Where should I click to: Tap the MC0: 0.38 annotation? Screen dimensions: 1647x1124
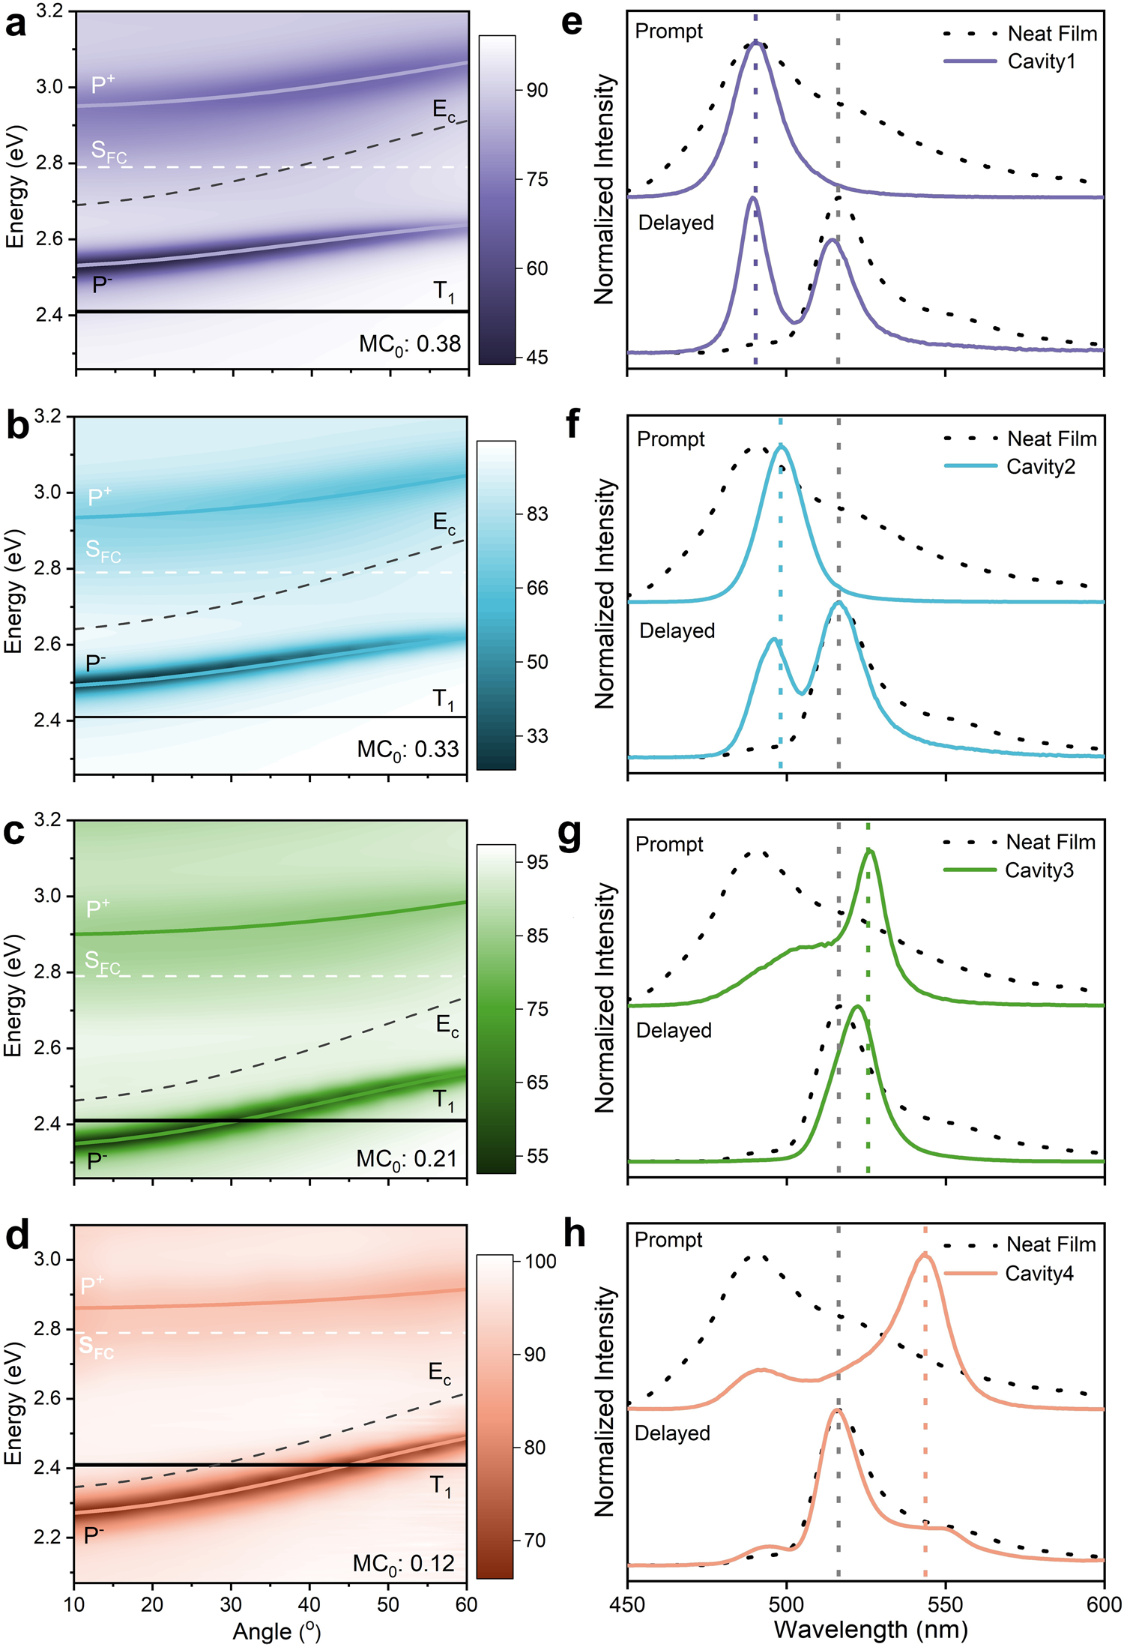point(409,344)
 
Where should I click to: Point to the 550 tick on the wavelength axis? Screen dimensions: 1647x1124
point(945,1604)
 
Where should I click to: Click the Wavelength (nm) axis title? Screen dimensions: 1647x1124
point(870,1629)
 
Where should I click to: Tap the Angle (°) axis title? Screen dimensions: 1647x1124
point(277,1631)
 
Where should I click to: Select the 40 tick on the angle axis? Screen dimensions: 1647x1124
point(309,1604)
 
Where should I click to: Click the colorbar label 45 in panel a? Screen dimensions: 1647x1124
point(537,358)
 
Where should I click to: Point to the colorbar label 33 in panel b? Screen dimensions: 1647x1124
point(537,735)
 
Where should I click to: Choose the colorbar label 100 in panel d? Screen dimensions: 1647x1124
point(540,1261)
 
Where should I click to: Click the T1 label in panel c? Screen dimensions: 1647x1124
point(444,1100)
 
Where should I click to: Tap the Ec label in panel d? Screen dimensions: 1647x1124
point(439,1373)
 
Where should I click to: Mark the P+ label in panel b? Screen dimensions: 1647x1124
point(100,496)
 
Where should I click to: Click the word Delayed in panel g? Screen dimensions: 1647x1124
point(673,1030)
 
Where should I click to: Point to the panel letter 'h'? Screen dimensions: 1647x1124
point(574,1234)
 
